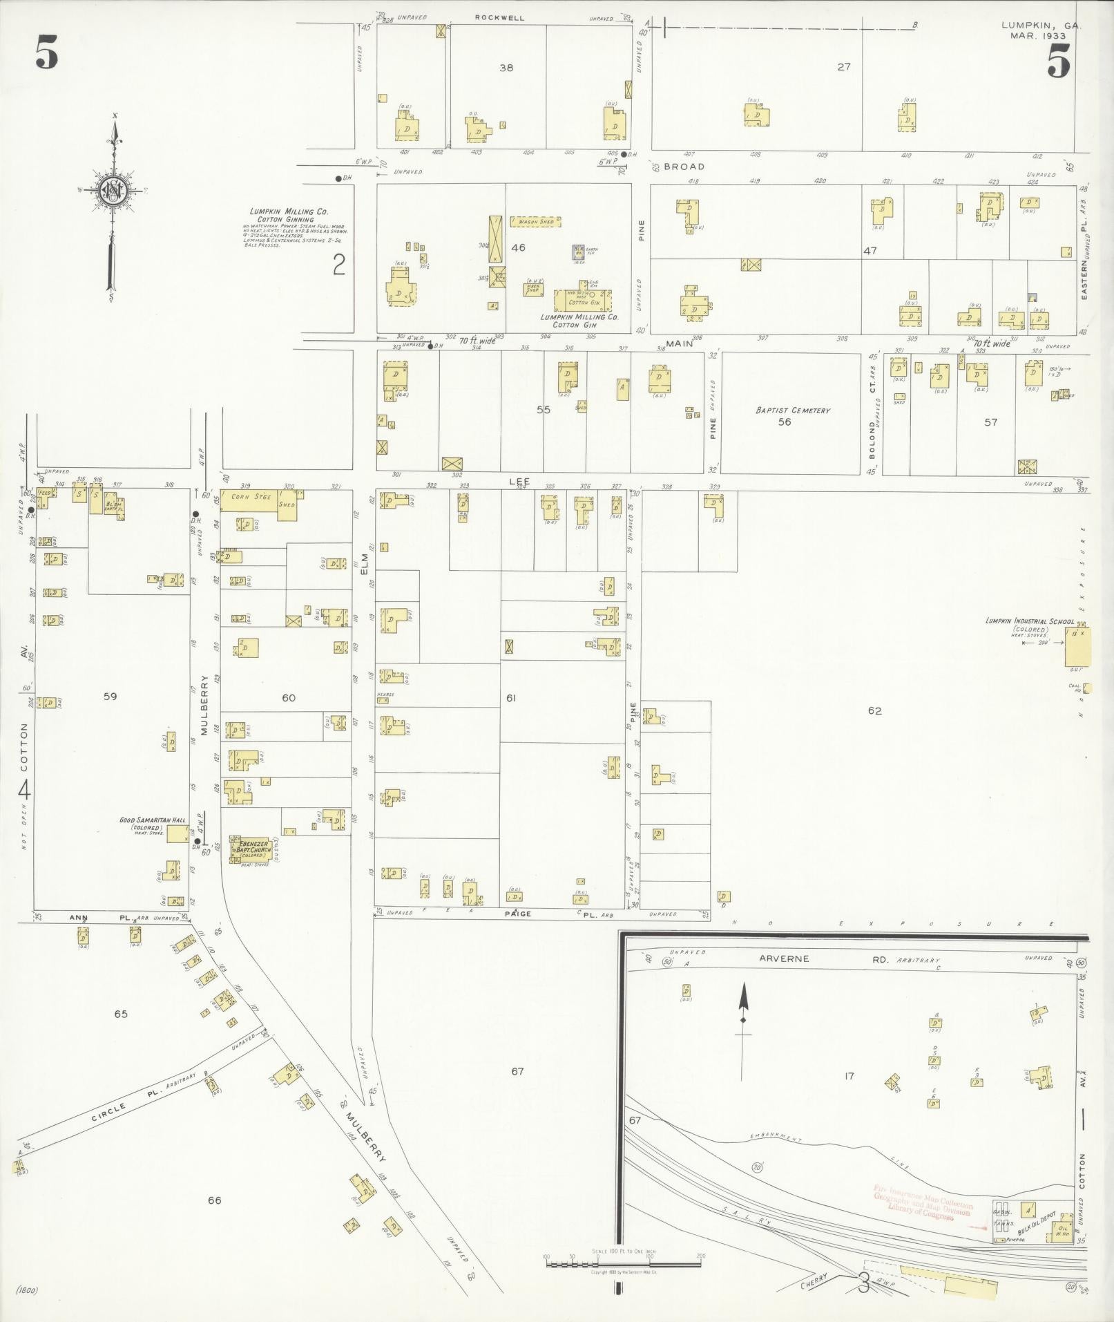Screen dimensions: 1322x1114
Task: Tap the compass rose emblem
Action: click(111, 190)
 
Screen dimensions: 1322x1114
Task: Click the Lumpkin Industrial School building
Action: click(1073, 648)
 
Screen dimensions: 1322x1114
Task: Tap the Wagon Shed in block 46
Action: click(535, 222)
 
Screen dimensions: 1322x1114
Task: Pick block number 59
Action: click(110, 697)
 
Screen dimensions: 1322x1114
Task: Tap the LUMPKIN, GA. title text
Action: click(1041, 26)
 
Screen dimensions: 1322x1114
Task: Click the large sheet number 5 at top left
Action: click(47, 55)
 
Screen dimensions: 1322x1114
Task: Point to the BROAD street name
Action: click(684, 167)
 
